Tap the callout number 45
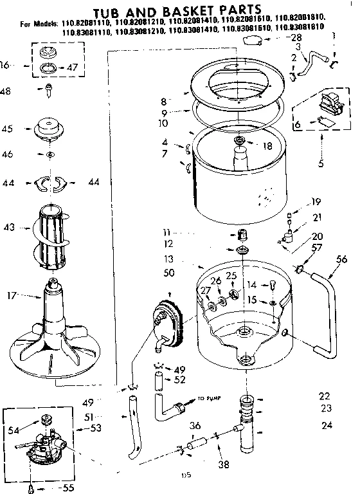point(7,129)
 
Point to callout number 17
point(10,296)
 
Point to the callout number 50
point(169,273)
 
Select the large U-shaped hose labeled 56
point(325,309)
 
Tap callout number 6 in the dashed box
point(296,124)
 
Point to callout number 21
point(316,217)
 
